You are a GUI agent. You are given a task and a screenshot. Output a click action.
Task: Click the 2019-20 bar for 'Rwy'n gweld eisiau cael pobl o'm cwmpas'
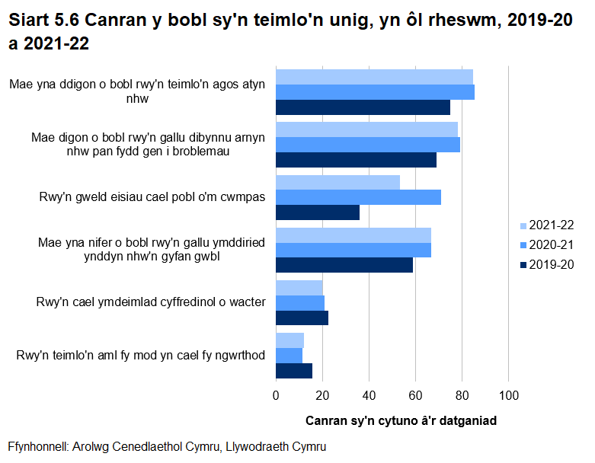318,212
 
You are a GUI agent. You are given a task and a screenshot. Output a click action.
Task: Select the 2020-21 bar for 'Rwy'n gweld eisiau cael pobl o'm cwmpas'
358,197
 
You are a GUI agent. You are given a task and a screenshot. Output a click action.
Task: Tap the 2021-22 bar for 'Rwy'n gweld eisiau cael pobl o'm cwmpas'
337,183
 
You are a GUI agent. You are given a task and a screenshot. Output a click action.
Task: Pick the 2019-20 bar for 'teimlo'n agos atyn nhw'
363,107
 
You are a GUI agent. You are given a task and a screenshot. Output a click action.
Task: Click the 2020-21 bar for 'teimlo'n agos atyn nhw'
375,92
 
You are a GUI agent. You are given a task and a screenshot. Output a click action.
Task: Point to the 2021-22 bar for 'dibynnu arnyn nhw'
366,129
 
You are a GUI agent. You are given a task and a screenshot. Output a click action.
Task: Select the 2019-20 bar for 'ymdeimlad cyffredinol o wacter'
302,318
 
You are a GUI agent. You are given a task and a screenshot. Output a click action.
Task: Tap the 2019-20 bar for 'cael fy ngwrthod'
294,370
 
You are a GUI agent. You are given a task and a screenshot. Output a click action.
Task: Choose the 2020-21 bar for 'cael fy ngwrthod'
289,356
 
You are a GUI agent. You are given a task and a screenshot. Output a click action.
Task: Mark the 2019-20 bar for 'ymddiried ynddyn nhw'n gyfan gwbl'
344,265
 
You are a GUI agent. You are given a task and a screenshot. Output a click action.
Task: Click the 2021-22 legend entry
545,225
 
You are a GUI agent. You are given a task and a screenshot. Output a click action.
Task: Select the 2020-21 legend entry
545,245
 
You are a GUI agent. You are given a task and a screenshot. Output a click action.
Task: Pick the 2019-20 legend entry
545,265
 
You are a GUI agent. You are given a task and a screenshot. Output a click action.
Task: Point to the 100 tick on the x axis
509,395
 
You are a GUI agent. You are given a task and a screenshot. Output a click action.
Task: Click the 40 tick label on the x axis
369,395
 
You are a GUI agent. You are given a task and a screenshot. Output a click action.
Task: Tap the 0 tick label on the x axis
276,395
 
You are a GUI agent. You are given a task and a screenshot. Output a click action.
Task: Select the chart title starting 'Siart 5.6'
290,33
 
